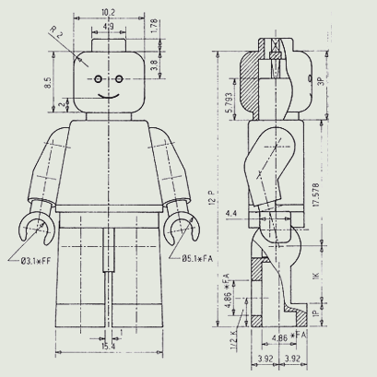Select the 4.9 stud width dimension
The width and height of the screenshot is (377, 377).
click(x=108, y=28)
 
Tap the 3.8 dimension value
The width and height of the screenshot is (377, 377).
click(x=153, y=65)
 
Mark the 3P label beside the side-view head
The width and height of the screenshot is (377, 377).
click(x=321, y=81)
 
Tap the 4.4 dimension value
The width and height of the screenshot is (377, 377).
click(x=230, y=215)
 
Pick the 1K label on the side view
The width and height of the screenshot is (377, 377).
click(x=316, y=277)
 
